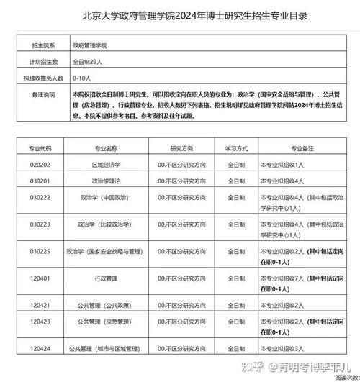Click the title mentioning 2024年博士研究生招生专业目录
(180, 15)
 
